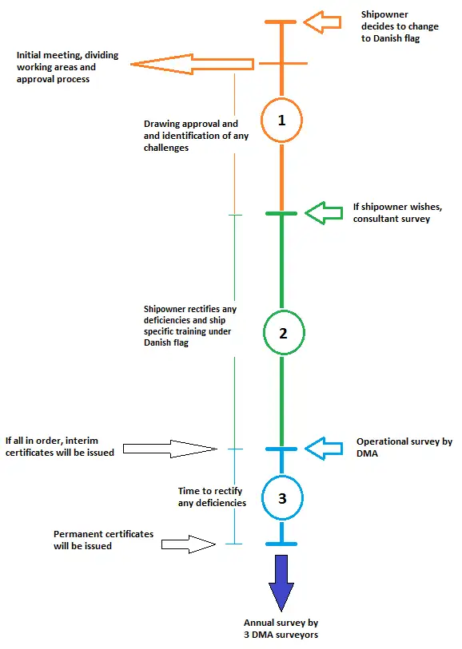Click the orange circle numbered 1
point(261,120)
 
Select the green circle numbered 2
point(264,333)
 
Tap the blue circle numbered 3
point(262,498)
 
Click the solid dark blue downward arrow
point(281,583)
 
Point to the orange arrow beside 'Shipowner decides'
point(322,22)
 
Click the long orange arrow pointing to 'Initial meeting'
point(192,64)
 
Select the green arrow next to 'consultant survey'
point(324,213)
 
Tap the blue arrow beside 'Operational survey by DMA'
point(324,449)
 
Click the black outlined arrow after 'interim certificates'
point(170,449)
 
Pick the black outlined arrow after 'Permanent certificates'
point(189,544)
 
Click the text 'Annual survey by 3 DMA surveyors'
point(281,628)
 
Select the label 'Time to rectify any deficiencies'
point(212,497)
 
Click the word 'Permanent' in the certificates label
point(74,534)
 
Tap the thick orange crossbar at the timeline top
point(281,22)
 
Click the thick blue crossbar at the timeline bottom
point(281,544)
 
